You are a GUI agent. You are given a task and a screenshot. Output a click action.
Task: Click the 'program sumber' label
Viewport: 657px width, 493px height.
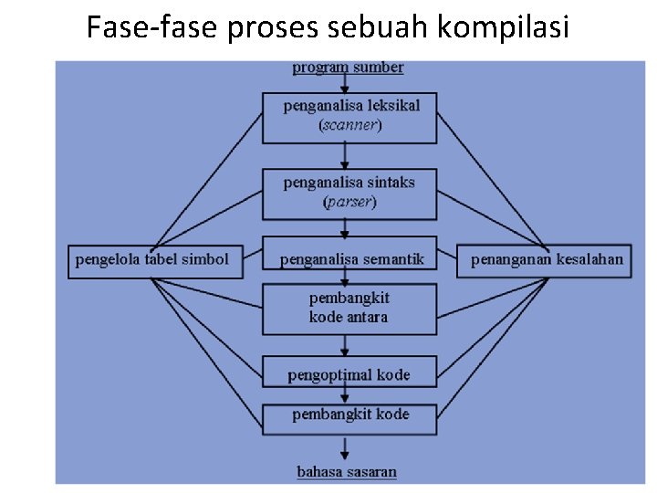348,68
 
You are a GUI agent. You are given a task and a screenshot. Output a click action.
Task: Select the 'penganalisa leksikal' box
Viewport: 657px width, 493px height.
350,117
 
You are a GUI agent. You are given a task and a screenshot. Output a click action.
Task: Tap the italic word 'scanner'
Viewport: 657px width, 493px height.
350,126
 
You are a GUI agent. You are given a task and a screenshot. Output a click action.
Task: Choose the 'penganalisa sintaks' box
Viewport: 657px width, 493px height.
350,193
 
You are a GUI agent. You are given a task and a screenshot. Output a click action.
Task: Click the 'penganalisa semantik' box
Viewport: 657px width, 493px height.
350,260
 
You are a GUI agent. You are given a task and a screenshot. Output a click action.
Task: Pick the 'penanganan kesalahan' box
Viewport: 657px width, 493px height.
547,260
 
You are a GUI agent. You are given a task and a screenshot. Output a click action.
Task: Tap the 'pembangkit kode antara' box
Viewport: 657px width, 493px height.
350,309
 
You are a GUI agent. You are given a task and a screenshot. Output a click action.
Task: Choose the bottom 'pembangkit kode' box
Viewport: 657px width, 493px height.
350,416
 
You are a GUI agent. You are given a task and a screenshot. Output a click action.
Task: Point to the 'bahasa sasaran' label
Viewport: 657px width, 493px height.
347,472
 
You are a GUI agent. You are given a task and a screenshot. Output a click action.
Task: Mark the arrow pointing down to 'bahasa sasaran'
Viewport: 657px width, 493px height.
345,448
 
